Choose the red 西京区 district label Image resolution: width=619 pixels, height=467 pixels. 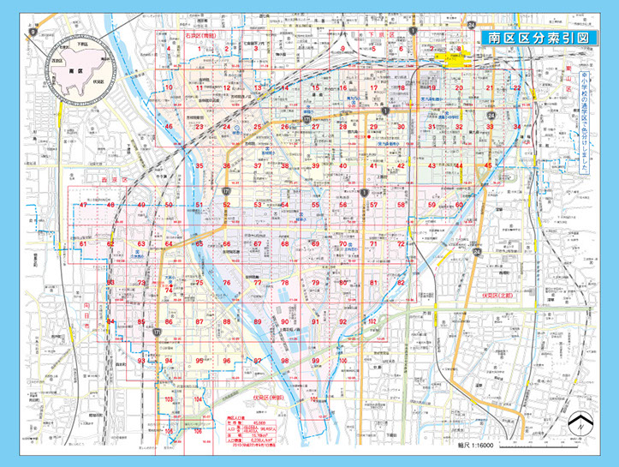coord(109,182)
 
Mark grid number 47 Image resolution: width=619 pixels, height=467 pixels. coord(83,206)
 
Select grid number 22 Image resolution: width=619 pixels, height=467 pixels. coord(517,88)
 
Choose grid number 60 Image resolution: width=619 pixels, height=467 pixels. coord(459,206)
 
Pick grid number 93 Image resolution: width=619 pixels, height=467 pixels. coord(141,361)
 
